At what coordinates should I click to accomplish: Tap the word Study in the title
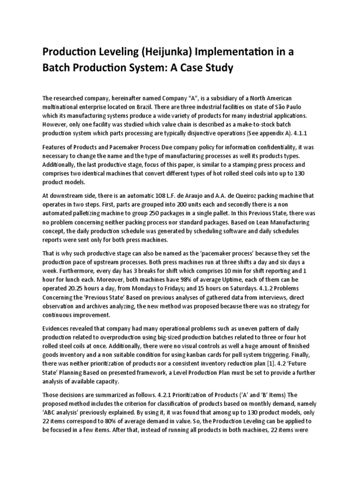pos(214,68)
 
